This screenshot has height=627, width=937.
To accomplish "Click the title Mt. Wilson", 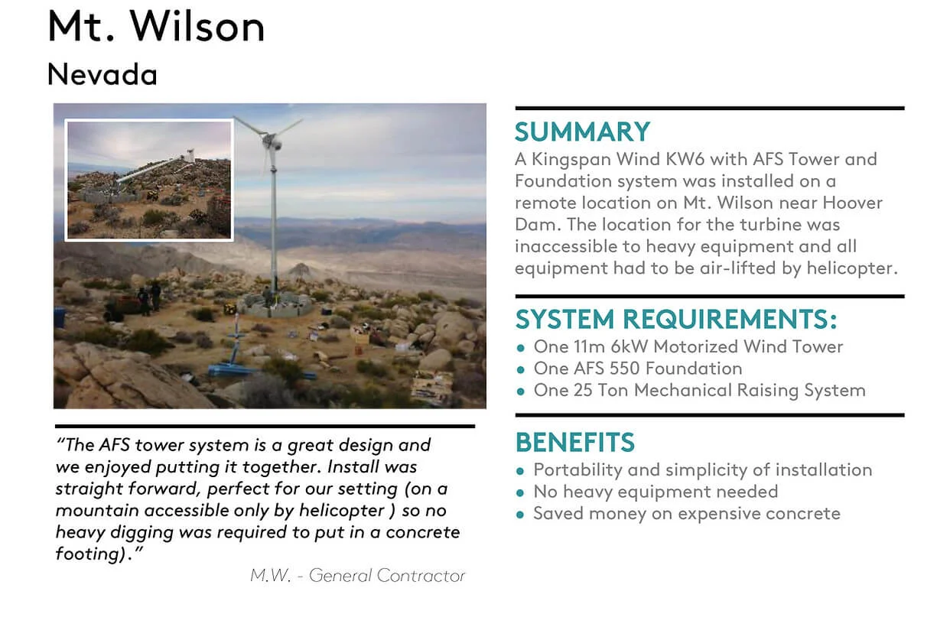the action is click(x=157, y=27).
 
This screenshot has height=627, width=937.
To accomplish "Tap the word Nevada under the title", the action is click(x=102, y=74).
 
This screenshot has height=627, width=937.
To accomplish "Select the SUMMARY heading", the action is click(x=582, y=132).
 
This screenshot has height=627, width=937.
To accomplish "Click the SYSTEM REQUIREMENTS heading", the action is click(x=676, y=319).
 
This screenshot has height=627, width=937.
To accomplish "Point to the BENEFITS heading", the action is click(x=575, y=442).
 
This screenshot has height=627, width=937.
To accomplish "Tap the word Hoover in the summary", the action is click(x=853, y=203).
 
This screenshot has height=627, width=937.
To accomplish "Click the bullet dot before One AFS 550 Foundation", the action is click(x=520, y=369).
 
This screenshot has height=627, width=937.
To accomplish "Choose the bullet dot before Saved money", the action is click(x=520, y=515).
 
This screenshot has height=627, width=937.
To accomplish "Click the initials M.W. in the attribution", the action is click(x=271, y=576).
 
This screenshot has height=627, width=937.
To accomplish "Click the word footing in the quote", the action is click(x=88, y=554).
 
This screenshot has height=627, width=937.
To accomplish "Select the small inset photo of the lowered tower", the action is click(x=149, y=180).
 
